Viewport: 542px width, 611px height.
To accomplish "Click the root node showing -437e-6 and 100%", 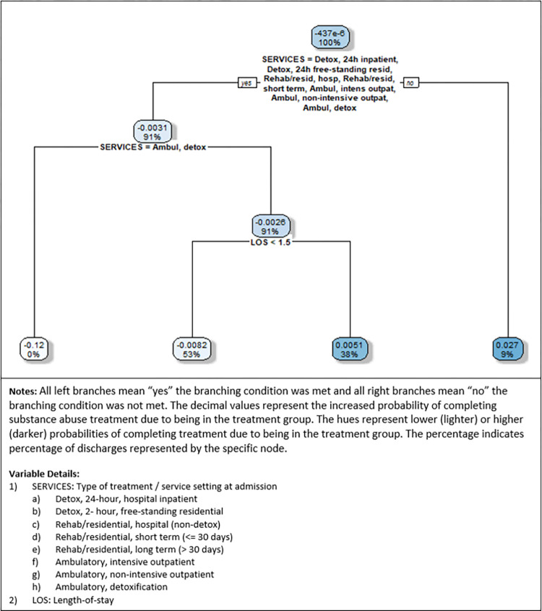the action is coord(330,38).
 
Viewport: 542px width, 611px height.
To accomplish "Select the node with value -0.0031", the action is coord(152,131).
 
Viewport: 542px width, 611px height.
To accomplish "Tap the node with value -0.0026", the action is coord(270,226).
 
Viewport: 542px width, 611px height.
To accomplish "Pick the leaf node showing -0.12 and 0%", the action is coord(34,349).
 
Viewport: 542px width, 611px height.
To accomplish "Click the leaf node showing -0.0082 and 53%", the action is coord(192,349).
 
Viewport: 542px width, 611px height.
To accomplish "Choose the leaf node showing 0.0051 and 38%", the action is coord(349,349).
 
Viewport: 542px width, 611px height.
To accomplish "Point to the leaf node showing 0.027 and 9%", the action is coord(507,349).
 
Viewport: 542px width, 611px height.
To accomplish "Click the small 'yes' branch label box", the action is coord(247,82).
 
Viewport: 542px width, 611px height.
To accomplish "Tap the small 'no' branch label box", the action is coord(410,82).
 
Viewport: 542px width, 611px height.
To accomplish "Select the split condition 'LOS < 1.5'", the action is coord(270,243).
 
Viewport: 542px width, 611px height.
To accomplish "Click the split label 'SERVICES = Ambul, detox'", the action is coord(153,147).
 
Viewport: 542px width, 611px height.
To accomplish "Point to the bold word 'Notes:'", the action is coord(23,391).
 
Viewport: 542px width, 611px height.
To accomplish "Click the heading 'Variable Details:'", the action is coord(44,474).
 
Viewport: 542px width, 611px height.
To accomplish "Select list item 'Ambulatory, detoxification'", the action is coord(111,587).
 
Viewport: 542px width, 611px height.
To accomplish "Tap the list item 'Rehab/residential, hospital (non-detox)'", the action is coord(137,524).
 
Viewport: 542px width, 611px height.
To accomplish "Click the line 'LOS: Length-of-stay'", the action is coord(73,599).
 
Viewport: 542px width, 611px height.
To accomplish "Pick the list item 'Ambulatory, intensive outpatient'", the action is coord(125,562).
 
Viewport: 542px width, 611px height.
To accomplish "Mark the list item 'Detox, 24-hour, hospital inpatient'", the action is coord(126,499).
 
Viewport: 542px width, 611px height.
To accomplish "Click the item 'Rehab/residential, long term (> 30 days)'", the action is coord(139,550).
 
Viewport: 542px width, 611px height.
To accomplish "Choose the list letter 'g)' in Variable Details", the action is coord(36,575).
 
